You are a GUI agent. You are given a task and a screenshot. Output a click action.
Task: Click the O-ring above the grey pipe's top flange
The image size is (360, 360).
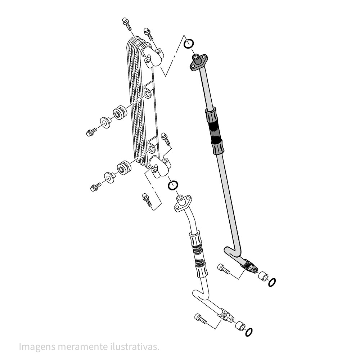pyautogui.click(x=189, y=44)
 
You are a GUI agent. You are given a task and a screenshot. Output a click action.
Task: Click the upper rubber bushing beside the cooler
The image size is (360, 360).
pyautogui.click(x=120, y=113)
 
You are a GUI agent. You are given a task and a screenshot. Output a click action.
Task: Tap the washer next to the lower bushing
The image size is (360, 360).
pyautogui.click(x=109, y=177)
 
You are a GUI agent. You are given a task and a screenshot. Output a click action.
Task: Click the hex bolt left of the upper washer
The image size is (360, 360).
pyautogui.click(x=91, y=132)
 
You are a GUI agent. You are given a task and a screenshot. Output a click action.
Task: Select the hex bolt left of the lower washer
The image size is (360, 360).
pyautogui.click(x=95, y=187)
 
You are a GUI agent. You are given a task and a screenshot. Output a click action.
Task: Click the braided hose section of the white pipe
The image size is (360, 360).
pyautogui.click(x=198, y=253)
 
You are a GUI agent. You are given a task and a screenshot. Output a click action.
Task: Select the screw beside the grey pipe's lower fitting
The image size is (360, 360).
pyautogui.click(x=224, y=269)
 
